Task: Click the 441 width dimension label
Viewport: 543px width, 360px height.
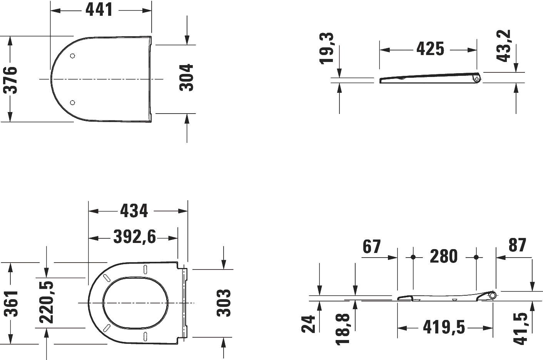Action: [99, 10]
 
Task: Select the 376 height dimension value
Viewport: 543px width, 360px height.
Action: [10, 80]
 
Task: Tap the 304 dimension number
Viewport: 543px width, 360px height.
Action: [187, 77]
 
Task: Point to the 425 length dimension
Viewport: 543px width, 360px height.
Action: [430, 49]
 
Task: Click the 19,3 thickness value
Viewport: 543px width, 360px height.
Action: [327, 48]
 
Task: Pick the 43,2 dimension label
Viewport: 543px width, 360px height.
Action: [504, 45]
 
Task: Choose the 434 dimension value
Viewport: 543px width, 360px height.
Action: [134, 211]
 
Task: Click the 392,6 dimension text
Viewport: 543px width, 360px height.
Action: [134, 237]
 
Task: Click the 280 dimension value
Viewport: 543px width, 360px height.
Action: [443, 256]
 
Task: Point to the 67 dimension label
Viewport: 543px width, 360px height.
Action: [371, 247]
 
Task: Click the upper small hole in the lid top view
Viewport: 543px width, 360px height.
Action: [73, 56]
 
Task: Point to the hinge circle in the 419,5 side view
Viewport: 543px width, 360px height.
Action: [493, 295]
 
